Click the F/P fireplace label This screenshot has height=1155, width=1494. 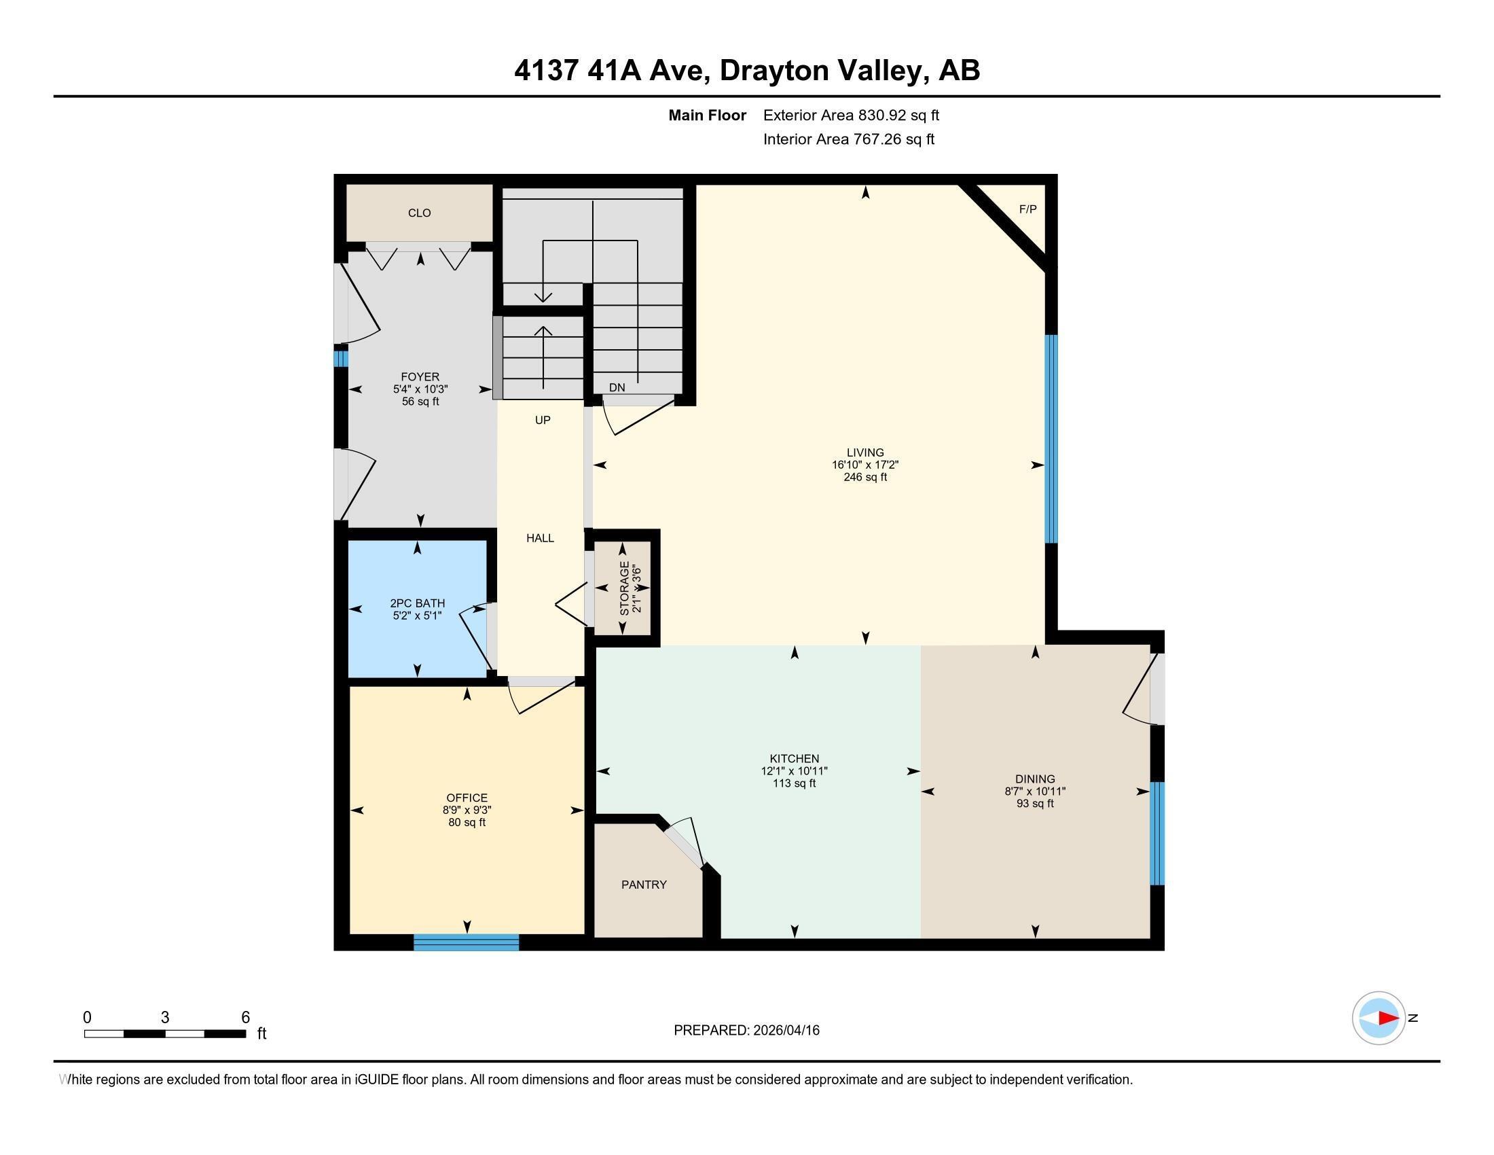[1027, 209]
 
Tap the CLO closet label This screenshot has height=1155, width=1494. [419, 213]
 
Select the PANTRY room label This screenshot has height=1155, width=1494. [644, 885]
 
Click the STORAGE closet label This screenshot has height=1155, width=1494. [625, 588]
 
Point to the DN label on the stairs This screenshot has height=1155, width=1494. [617, 387]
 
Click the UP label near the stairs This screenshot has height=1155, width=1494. [543, 420]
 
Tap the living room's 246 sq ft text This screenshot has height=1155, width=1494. [865, 477]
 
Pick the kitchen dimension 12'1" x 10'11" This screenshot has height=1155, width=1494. [795, 770]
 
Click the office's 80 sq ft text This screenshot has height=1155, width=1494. [467, 823]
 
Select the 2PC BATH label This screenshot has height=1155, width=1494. [417, 603]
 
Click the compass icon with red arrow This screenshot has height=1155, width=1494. [1379, 1018]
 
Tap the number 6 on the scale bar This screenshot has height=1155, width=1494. [246, 1017]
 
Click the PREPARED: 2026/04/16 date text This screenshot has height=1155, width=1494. [746, 1030]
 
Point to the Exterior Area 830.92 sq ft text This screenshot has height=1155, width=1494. [851, 115]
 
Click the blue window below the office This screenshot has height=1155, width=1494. [466, 942]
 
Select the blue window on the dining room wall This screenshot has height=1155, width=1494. [1156, 834]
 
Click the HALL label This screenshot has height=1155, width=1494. [540, 538]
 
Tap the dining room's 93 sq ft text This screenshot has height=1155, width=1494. [1035, 803]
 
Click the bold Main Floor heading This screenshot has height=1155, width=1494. [707, 115]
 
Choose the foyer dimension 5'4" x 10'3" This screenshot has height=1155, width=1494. [420, 389]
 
